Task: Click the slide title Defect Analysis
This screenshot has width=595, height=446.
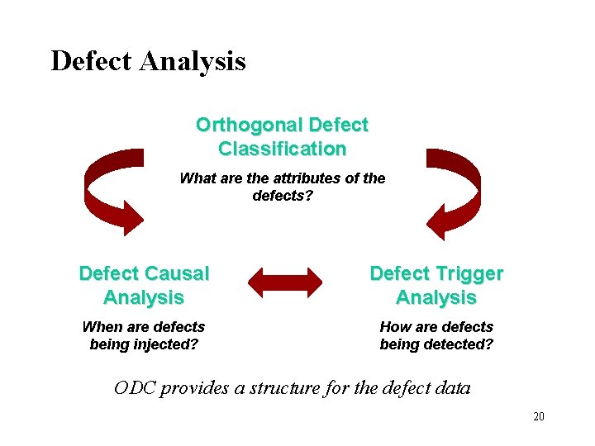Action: pyautogui.click(x=148, y=61)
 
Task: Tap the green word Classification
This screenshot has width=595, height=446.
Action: pyautogui.click(x=283, y=149)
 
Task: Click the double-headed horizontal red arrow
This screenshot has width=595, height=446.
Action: pyautogui.click(x=286, y=282)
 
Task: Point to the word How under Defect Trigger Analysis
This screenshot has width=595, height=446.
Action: pyautogui.click(x=394, y=327)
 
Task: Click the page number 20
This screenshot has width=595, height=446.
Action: pyautogui.click(x=538, y=417)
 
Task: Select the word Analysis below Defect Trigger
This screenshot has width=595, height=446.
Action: pyautogui.click(x=436, y=297)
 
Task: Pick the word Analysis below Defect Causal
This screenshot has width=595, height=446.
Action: pyautogui.click(x=144, y=297)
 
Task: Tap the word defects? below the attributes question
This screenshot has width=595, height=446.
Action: pyautogui.click(x=283, y=196)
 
